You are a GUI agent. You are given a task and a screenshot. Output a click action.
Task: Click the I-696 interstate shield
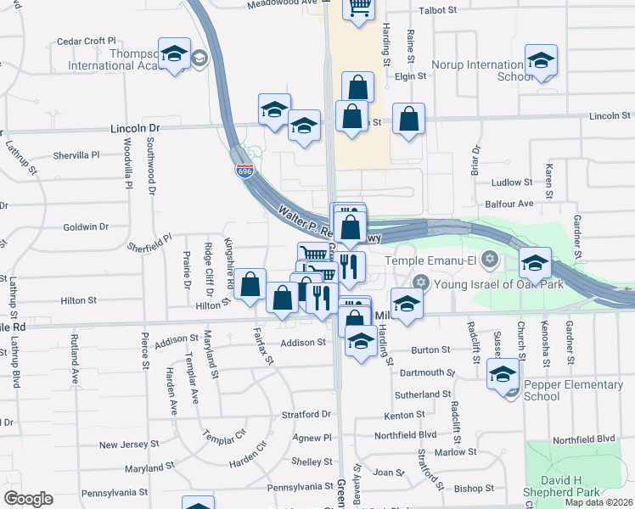click(244, 171)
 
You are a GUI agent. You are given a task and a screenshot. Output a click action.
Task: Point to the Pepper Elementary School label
click(573, 390)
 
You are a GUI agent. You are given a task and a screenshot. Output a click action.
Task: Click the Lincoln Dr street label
click(135, 128)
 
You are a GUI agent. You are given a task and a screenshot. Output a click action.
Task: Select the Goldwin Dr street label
click(86, 227)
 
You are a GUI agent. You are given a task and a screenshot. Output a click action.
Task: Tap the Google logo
click(28, 500)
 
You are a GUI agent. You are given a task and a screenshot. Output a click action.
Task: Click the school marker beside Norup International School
click(540, 60)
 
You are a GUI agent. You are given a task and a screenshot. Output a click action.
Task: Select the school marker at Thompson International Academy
click(174, 55)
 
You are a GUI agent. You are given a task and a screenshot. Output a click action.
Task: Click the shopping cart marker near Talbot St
click(359, 8)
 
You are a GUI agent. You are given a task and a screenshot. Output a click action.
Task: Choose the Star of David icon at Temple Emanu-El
click(487, 259)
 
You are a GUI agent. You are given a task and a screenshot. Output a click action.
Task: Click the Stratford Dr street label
click(306, 414)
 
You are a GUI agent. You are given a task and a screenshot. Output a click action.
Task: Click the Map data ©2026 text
click(598, 502)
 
